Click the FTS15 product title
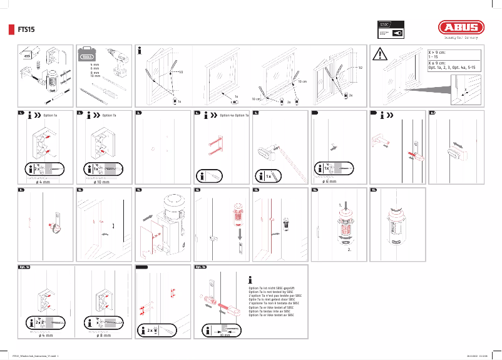tap(26, 29)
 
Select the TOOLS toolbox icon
tap(87, 57)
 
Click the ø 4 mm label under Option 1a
tap(44, 182)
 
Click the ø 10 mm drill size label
tap(101, 182)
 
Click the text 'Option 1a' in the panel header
tap(50, 116)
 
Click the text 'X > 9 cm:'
tap(437, 53)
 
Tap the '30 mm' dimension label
tap(225, 335)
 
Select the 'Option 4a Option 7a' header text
tap(234, 116)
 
